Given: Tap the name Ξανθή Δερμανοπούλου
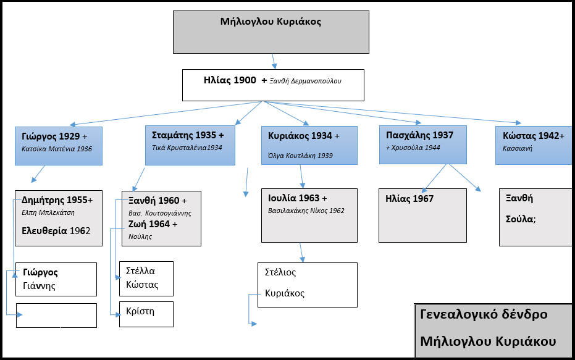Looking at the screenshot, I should click(305, 81).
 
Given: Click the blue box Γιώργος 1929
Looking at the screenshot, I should click(58, 146).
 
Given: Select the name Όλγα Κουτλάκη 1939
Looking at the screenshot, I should click(301, 156).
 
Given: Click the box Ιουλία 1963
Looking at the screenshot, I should click(309, 215).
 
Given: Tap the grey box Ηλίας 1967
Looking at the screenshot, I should click(422, 216).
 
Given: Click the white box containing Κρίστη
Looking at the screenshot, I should click(146, 314).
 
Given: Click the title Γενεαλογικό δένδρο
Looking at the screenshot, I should click(484, 314).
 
